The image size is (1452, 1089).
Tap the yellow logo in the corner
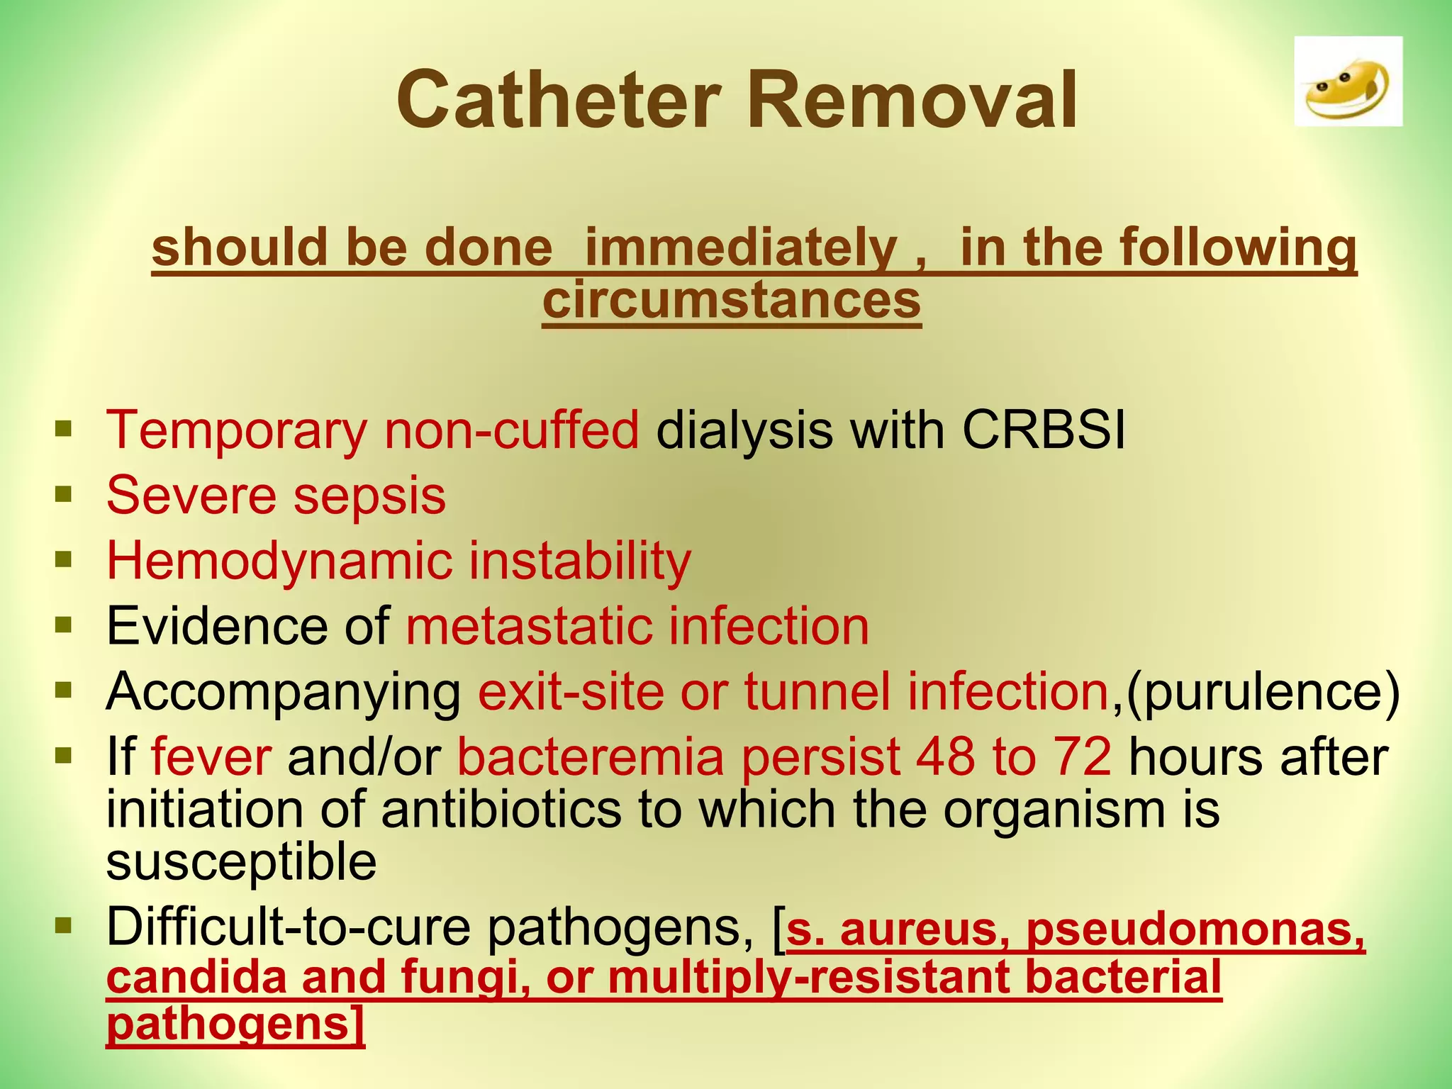tap(1348, 82)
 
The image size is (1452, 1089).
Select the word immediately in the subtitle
tap(742, 247)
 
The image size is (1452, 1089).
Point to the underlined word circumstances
tap(732, 301)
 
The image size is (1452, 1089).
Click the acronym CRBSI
tap(1044, 430)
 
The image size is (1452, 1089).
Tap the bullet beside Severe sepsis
tap(64, 493)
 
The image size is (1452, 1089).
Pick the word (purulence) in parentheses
tap(1263, 692)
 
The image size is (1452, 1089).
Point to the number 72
tap(1082, 756)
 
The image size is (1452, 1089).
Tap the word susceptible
tap(241, 862)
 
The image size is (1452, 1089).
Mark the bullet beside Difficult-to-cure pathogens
tap(64, 925)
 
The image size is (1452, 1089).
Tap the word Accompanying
tap(284, 692)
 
